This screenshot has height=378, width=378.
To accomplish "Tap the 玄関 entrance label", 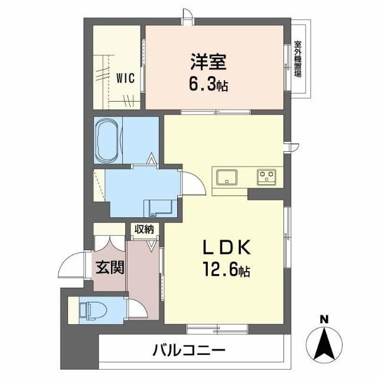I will point(110,268).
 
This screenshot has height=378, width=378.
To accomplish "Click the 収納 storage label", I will point(144,229).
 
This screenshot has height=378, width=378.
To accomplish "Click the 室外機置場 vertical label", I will point(298,59).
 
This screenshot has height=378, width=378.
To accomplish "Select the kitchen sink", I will point(227,177).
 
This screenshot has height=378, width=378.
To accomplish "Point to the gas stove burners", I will point(266,175).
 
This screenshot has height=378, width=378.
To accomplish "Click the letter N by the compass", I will point(324,320).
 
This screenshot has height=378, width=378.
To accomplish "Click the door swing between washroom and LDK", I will point(192,182).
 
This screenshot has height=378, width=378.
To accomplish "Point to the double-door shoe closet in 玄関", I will point(109,244).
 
